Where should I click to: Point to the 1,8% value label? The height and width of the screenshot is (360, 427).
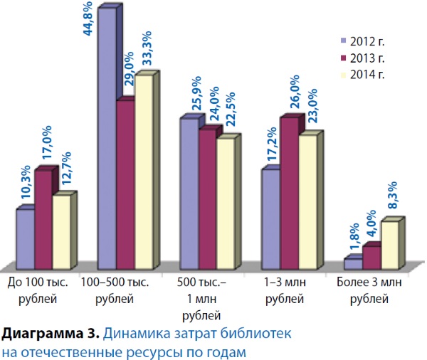point(350,236)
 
